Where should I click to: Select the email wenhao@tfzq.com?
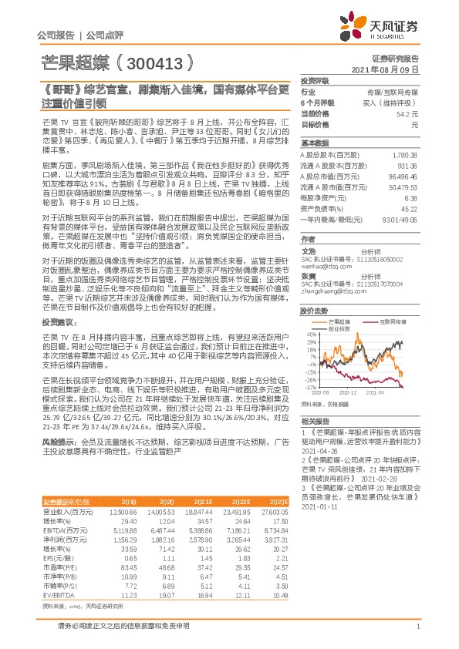(320, 267)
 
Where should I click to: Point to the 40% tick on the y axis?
(311, 335)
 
